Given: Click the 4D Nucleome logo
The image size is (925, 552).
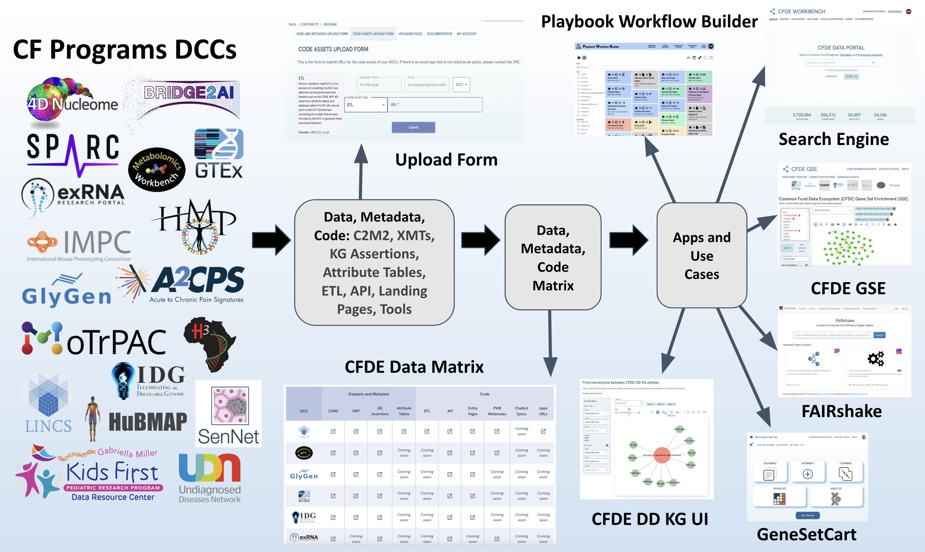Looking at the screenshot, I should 71,100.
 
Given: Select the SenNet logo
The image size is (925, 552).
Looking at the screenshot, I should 229,414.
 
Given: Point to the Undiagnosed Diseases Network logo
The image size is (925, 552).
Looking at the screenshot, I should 210,478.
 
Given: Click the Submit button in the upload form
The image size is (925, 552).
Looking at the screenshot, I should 413,127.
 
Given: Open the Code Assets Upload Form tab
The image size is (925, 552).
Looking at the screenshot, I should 373,34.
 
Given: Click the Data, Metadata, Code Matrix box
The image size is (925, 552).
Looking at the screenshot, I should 553,257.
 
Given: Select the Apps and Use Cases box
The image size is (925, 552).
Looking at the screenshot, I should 701,255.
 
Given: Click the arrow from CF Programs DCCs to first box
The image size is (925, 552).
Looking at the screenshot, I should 271,240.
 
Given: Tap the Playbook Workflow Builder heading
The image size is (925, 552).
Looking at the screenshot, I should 649,22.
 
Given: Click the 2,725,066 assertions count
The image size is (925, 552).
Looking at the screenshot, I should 801,115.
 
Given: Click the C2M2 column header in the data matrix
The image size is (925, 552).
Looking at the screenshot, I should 333,411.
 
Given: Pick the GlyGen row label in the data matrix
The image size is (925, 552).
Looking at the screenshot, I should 304,475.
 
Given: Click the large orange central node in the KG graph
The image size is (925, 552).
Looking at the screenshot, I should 662,455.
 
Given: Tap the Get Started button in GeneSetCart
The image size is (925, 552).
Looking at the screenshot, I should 807,516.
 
